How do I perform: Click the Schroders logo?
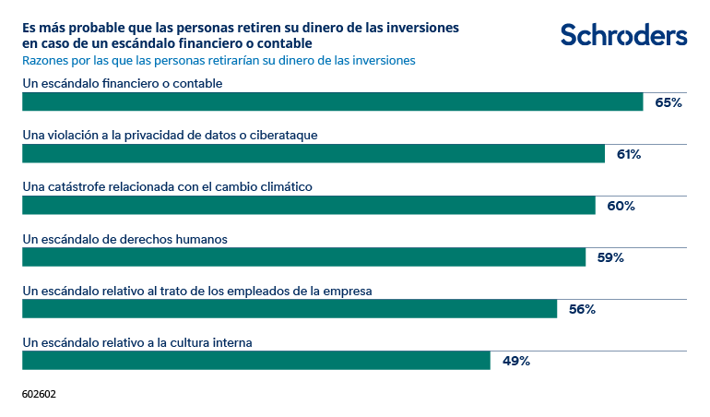pos(623,36)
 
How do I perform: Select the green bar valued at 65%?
pos(332,102)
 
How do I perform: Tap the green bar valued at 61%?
pos(313,154)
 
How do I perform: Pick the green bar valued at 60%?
pos(308,206)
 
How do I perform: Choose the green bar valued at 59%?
pos(303,257)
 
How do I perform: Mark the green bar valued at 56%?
pos(290,309)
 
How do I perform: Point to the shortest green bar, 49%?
pos(255,361)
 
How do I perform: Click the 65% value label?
pos(668,103)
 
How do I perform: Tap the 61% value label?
pos(629,155)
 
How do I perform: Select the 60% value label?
pos(621,207)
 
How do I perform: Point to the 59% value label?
pos(610,258)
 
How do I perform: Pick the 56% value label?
pos(582,310)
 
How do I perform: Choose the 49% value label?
pos(515,362)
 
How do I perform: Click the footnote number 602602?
pos(39,393)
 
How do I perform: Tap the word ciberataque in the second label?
pos(282,135)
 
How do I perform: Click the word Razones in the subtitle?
pos(45,60)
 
